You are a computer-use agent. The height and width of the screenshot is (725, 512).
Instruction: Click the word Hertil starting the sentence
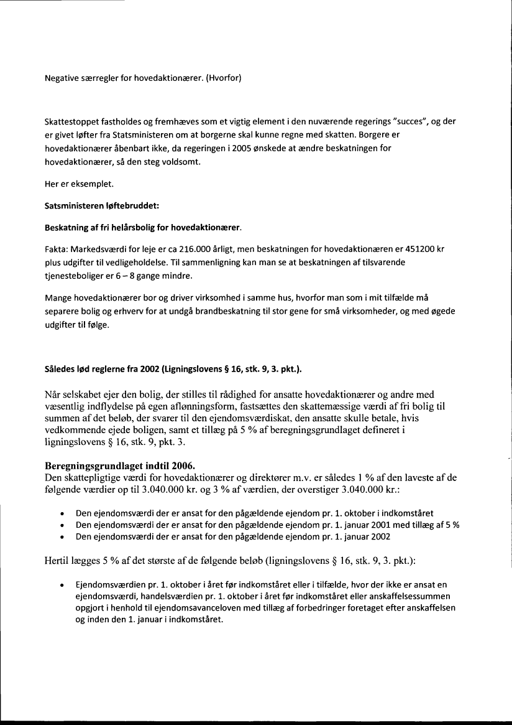click(58, 560)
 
